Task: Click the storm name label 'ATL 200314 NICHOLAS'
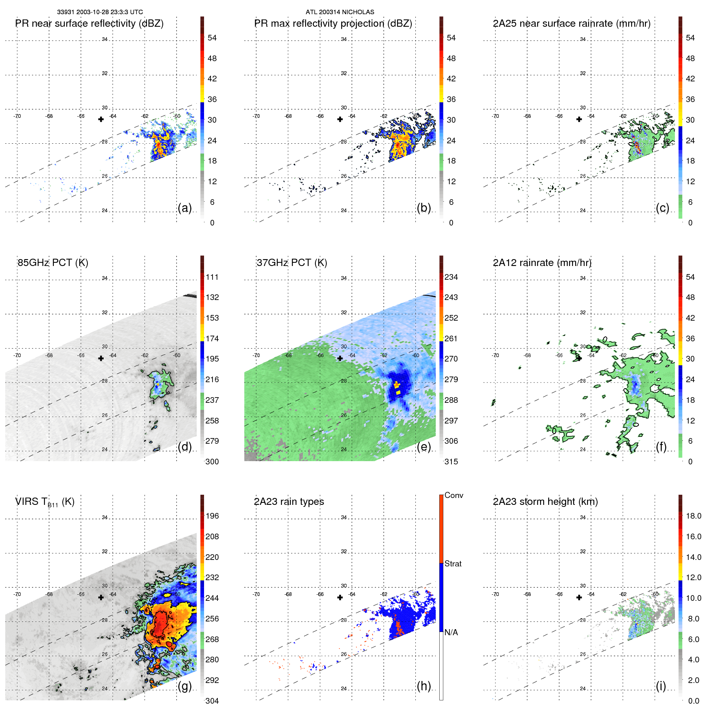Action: [340, 12]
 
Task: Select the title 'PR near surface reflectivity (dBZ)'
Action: [89, 23]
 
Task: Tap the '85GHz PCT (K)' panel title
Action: [53, 263]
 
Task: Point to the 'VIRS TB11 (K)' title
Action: [45, 502]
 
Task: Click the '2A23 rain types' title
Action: [289, 502]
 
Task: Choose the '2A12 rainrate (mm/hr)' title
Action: [542, 263]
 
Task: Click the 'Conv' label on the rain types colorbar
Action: [453, 496]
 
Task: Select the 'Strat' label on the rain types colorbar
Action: [453, 564]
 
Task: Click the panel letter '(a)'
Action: [185, 208]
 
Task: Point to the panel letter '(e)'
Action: [424, 447]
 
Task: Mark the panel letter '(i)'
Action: [661, 686]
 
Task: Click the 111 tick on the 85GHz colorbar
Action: [212, 277]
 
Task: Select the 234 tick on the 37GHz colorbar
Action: [451, 277]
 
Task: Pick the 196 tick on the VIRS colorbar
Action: [212, 516]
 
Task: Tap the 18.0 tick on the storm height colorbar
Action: [693, 516]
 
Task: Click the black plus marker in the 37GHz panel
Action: [340, 358]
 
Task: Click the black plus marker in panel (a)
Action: [101, 119]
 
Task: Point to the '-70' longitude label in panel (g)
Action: [17, 594]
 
